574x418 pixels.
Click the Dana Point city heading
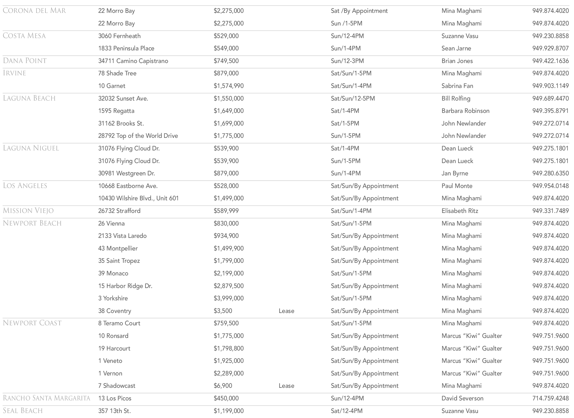[x=25, y=61]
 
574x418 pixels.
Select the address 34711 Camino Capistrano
[x=133, y=61]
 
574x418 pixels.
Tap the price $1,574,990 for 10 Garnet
[x=229, y=86]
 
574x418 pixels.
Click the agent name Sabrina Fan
[x=457, y=86]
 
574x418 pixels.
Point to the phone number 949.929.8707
[x=550, y=48]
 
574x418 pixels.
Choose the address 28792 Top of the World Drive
[x=138, y=136]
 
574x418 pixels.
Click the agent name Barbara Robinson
[x=465, y=111]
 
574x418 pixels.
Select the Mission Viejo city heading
[x=28, y=211]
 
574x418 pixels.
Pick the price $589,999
[x=226, y=211]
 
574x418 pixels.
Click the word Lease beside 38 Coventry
[x=286, y=311]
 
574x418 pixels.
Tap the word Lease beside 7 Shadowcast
[x=286, y=386]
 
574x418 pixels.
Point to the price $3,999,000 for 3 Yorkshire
[x=229, y=298]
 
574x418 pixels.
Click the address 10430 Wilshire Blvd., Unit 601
[x=138, y=198]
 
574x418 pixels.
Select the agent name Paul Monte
[x=457, y=186]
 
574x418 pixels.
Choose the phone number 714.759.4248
[x=550, y=398]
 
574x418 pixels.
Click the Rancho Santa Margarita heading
[x=46, y=398]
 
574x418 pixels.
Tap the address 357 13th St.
[x=114, y=411]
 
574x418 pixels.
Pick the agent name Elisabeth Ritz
[x=460, y=211]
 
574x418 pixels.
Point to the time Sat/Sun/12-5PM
[x=353, y=98]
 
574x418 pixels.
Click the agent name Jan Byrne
[x=455, y=173]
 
